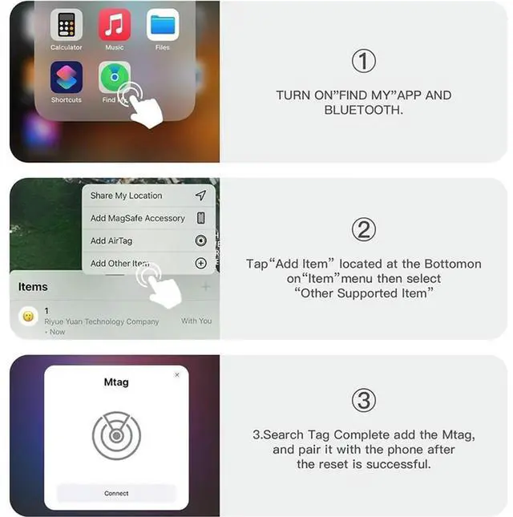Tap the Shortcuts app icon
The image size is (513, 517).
click(66, 78)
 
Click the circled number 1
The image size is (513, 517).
click(364, 61)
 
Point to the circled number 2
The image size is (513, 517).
click(364, 230)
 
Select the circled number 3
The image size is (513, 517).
click(364, 400)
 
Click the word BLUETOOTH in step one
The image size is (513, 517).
click(363, 110)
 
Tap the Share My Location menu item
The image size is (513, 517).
click(126, 196)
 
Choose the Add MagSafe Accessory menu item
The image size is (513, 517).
click(137, 218)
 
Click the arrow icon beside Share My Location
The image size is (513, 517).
click(200, 196)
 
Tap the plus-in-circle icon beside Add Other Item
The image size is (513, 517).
click(200, 263)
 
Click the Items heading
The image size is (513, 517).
click(33, 287)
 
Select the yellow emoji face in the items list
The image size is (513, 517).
click(28, 316)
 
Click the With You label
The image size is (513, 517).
click(196, 321)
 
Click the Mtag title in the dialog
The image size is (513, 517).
click(116, 382)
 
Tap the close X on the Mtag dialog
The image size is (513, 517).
click(177, 374)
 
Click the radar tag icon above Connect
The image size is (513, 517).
click(116, 435)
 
